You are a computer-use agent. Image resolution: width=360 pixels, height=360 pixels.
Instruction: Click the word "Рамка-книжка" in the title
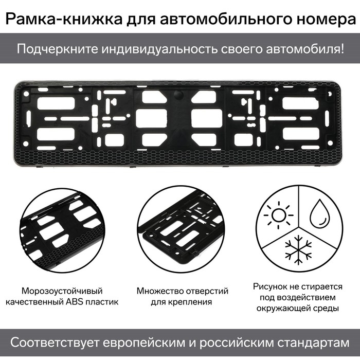(x=64, y=19)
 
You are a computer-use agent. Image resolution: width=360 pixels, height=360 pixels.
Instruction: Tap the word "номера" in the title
(x=326, y=20)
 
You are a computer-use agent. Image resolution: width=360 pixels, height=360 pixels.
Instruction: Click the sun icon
(x=279, y=215)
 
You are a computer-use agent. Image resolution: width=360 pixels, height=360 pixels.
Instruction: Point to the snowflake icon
(x=298, y=250)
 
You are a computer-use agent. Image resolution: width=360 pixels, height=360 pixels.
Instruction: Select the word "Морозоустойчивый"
(x=62, y=291)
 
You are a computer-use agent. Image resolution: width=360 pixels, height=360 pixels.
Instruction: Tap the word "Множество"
(x=160, y=291)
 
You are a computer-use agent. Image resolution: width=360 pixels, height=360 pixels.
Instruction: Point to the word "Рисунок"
(x=270, y=286)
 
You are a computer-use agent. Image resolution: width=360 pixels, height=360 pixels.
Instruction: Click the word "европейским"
(x=144, y=343)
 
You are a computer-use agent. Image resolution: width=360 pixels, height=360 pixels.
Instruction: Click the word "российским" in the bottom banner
(x=236, y=343)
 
